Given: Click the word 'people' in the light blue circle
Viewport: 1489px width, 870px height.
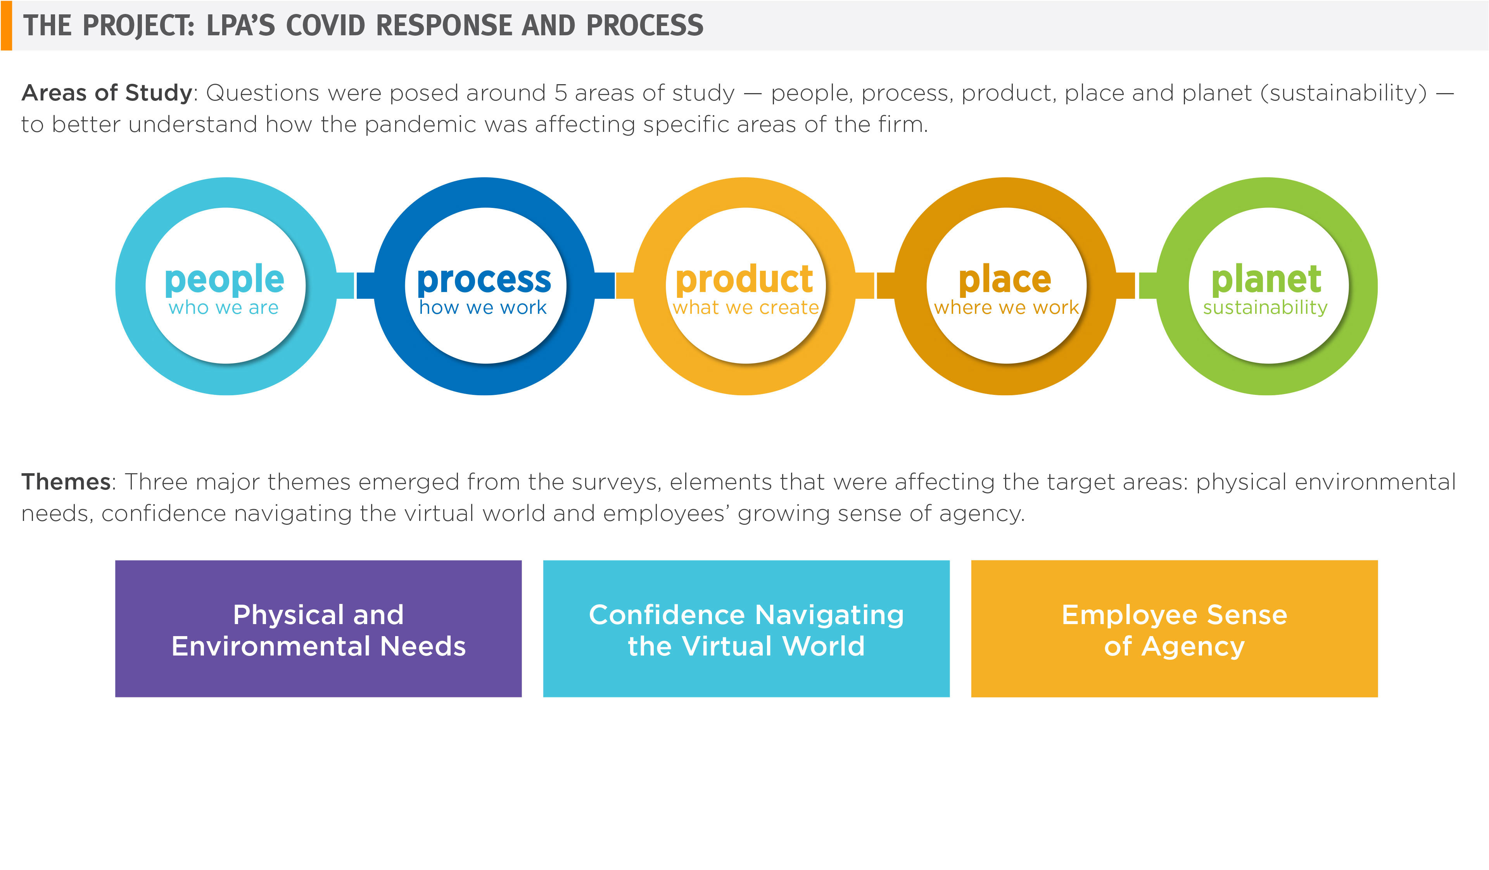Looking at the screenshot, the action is pos(225,280).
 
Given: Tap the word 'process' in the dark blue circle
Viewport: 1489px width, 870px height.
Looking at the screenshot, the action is pos(484,280).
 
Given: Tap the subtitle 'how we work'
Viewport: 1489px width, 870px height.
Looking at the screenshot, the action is pos(483,307).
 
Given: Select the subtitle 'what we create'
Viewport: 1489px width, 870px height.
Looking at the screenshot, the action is pos(746,307).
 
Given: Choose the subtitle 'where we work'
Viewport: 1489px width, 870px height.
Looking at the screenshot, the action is pos(1006,307).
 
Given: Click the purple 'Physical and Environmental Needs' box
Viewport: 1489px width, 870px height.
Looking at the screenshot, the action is pos(318,629).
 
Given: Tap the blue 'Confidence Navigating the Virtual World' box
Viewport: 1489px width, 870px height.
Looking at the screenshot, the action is pos(746,629).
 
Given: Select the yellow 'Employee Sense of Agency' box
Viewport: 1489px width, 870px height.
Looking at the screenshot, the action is pos(1175,629).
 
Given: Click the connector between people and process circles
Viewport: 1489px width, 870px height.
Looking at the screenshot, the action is pos(355,285).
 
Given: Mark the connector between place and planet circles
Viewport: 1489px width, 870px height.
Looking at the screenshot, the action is pos(1136,285).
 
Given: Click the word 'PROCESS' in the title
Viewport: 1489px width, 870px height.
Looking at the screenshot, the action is pos(644,26).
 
